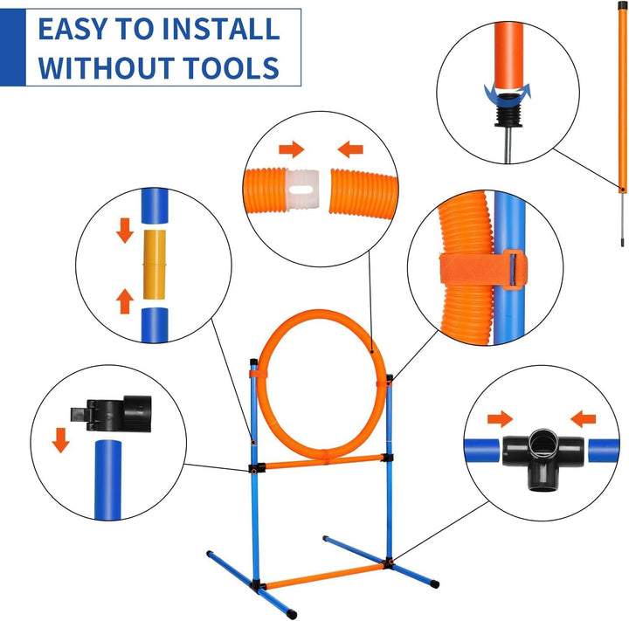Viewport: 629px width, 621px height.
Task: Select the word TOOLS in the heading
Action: point(238,66)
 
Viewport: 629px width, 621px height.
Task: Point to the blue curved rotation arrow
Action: point(508,90)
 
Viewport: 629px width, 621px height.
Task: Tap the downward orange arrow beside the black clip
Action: point(60,439)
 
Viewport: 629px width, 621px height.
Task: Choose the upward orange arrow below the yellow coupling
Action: point(124,302)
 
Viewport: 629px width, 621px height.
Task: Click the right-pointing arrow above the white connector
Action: point(280,149)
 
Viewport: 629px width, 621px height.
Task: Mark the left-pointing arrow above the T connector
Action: point(582,417)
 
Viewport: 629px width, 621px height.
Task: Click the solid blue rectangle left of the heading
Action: point(12,47)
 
